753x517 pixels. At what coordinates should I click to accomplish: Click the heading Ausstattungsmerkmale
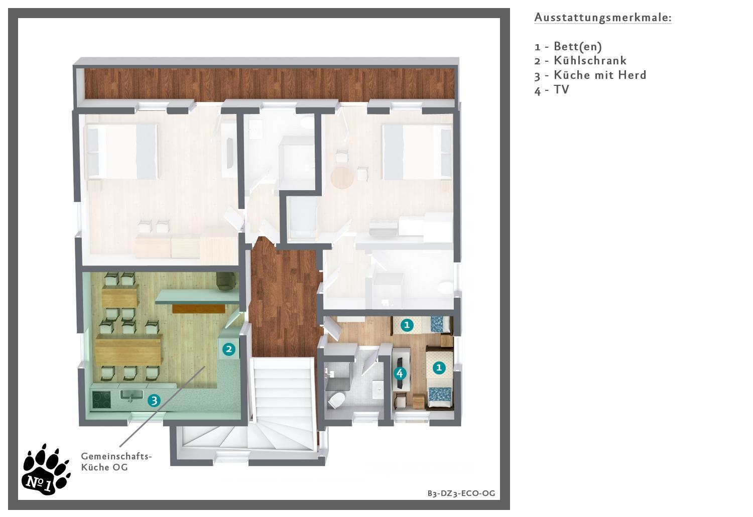[603, 18]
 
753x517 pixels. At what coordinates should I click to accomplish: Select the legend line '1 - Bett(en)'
[568, 46]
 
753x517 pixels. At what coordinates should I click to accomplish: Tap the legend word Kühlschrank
[590, 61]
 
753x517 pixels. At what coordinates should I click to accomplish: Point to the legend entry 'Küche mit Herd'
[600, 75]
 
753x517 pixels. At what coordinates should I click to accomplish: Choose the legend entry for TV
[552, 90]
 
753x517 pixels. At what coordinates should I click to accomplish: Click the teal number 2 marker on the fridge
[229, 349]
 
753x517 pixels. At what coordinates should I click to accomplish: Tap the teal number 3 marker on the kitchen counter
[154, 401]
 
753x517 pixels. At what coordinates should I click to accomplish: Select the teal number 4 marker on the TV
[400, 373]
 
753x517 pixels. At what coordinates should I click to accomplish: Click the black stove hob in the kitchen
[101, 400]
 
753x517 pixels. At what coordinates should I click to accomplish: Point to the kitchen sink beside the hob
[131, 395]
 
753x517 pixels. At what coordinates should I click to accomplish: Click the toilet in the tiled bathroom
[336, 400]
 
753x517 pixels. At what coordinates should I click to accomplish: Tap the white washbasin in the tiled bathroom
[378, 390]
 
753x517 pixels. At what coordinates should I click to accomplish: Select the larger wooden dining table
[129, 351]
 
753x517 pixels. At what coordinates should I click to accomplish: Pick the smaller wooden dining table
[120, 296]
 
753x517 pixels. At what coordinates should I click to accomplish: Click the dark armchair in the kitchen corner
[226, 281]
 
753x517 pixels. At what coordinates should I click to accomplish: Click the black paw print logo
[46, 470]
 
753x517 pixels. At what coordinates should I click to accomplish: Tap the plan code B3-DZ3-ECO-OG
[461, 493]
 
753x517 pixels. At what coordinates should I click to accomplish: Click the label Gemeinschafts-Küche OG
[116, 462]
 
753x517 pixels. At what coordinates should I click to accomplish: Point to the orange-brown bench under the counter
[198, 309]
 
